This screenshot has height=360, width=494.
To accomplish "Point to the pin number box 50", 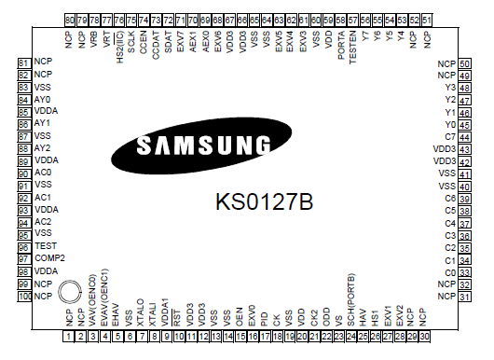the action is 464,62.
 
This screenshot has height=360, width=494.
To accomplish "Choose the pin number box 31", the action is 464,296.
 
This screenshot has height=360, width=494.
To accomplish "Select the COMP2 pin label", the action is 48,257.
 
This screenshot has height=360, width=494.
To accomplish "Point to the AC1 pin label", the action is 42,197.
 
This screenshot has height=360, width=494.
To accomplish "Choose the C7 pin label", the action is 450,136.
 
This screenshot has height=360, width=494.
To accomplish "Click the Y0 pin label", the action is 451,124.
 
